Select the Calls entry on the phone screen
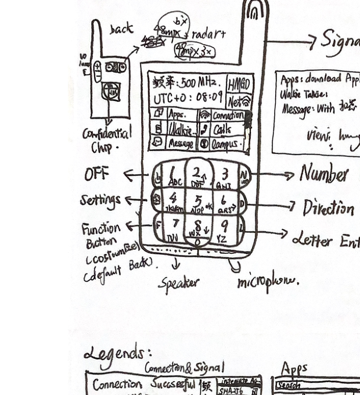click(x=222, y=129)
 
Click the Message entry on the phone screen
click(x=181, y=143)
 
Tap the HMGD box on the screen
click(x=239, y=84)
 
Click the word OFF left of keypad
click(x=96, y=174)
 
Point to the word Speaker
click(x=179, y=283)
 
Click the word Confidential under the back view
click(x=106, y=134)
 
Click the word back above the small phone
click(x=121, y=28)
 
